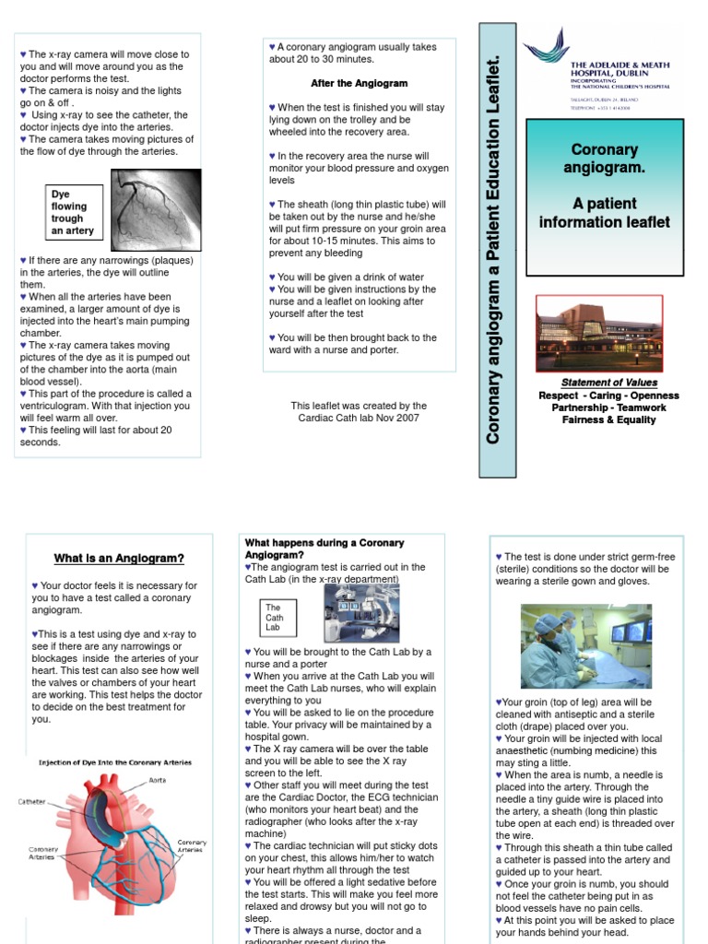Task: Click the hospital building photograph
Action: [x=599, y=333]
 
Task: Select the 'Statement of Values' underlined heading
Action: [x=609, y=383]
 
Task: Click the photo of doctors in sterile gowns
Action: [x=585, y=645]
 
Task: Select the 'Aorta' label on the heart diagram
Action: [x=158, y=780]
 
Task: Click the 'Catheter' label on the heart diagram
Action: [x=30, y=802]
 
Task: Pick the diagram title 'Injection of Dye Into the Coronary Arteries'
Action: [x=114, y=762]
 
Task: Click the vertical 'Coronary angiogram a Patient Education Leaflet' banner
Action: [x=493, y=249]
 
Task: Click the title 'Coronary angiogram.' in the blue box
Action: [x=604, y=159]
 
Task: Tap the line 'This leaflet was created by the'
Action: [x=359, y=406]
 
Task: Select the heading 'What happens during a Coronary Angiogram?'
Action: [x=324, y=549]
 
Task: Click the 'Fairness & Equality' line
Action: [x=609, y=419]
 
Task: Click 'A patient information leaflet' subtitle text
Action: [x=604, y=213]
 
